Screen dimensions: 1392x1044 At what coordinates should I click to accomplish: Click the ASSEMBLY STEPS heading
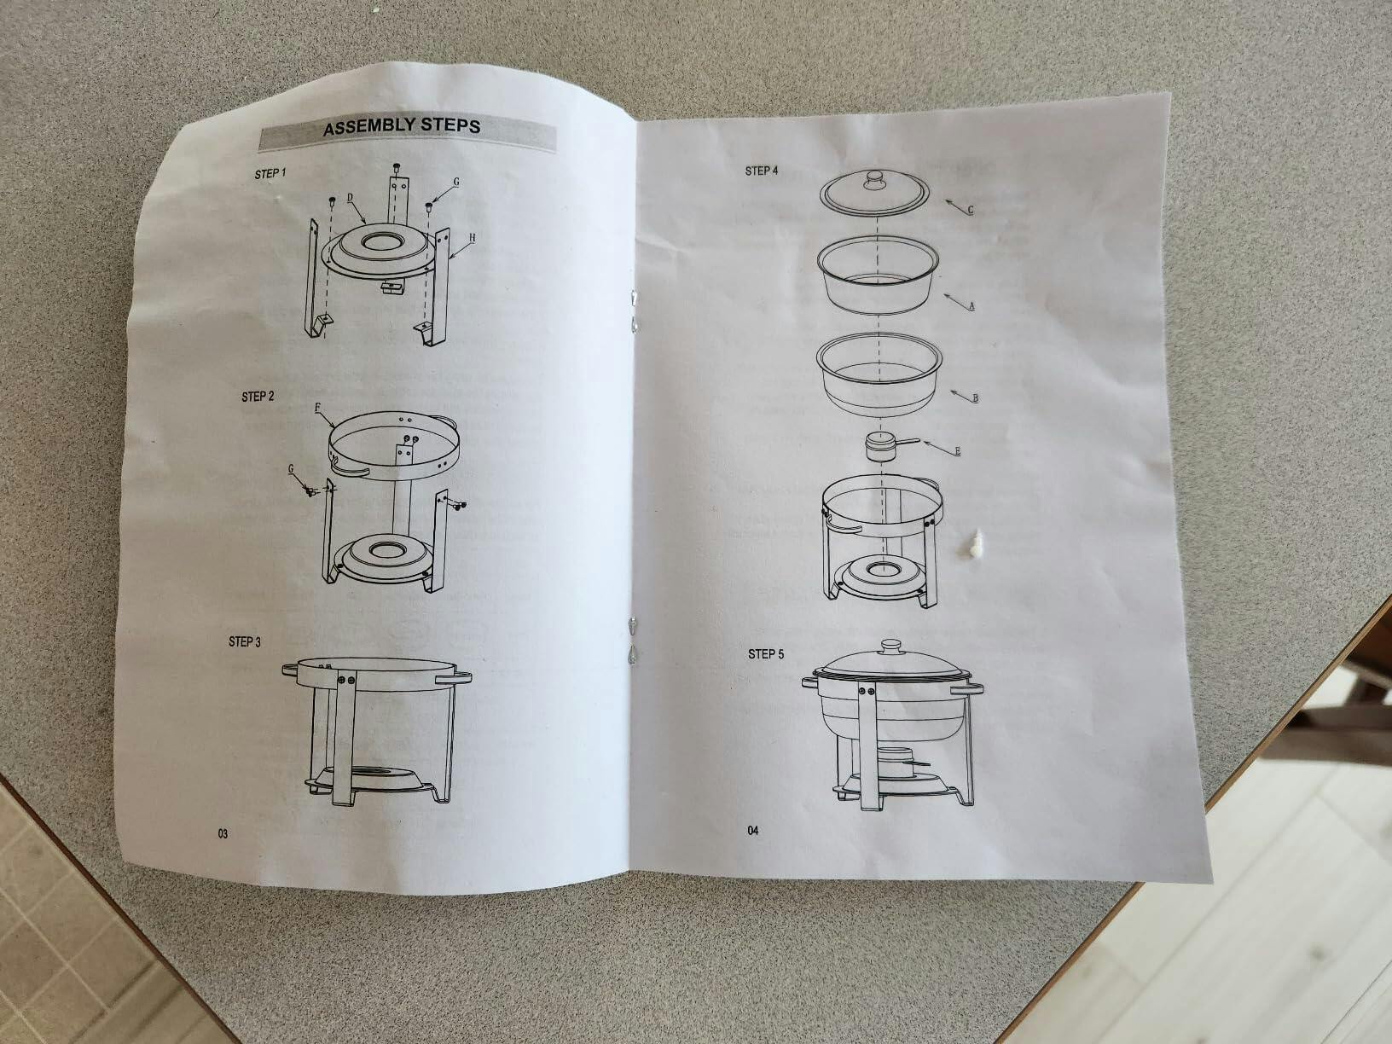pyautogui.click(x=402, y=126)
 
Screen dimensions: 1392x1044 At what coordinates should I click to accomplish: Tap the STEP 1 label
pyautogui.click(x=270, y=174)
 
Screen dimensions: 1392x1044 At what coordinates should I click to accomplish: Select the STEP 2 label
pyautogui.click(x=258, y=397)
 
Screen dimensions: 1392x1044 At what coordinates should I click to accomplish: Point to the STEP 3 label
pyautogui.click(x=244, y=641)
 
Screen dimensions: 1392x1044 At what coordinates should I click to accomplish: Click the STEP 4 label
pyautogui.click(x=761, y=171)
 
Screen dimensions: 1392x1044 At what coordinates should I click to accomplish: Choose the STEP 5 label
pyautogui.click(x=765, y=653)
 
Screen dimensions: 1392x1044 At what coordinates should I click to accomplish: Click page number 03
pyautogui.click(x=223, y=833)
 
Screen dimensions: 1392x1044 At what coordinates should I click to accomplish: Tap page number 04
pyautogui.click(x=753, y=831)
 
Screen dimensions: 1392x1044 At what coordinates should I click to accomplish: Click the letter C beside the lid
pyautogui.click(x=971, y=210)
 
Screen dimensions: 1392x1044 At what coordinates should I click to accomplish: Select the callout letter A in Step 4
pyautogui.click(x=971, y=306)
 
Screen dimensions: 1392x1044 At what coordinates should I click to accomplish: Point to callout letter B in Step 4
pyautogui.click(x=976, y=398)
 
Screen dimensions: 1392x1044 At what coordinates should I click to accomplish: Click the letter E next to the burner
pyautogui.click(x=958, y=450)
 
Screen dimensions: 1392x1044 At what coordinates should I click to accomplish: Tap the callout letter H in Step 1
pyautogui.click(x=473, y=238)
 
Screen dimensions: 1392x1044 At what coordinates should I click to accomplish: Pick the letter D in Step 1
pyautogui.click(x=350, y=198)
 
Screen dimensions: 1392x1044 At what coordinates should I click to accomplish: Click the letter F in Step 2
pyautogui.click(x=317, y=408)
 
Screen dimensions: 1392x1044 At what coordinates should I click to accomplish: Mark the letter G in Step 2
pyautogui.click(x=291, y=469)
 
